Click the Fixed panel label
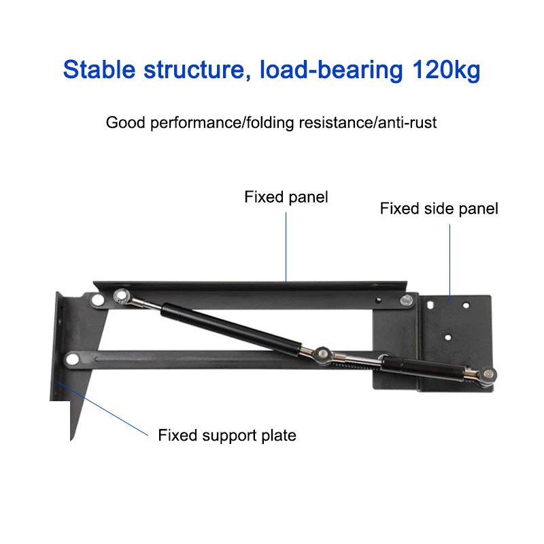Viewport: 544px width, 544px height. tap(286, 197)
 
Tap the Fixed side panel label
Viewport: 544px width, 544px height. tap(439, 208)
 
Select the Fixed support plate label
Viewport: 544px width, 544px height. tap(227, 435)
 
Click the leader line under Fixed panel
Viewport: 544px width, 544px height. tap(286, 245)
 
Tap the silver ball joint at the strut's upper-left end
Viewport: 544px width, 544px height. tap(123, 296)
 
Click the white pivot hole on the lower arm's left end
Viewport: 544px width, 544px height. tap(71, 358)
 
